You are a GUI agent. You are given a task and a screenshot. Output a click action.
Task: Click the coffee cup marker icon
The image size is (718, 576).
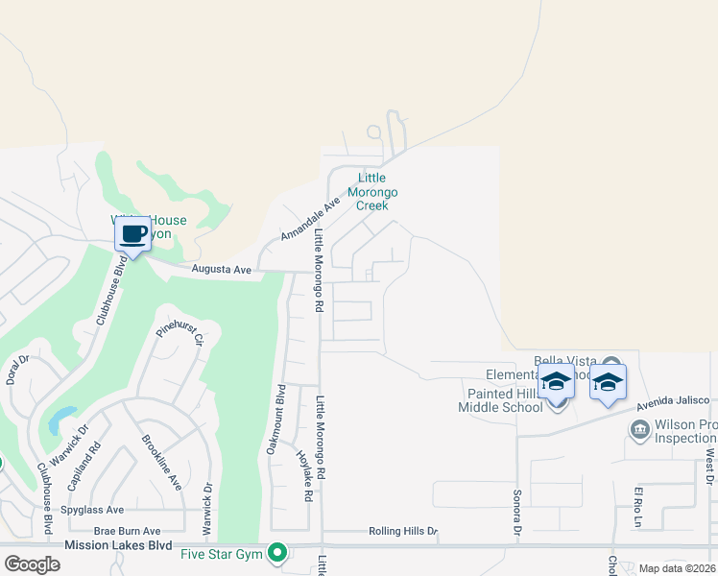(132, 233)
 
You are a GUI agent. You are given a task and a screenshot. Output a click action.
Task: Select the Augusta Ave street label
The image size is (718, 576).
(221, 271)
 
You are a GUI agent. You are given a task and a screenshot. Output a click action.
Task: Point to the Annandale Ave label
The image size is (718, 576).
(310, 220)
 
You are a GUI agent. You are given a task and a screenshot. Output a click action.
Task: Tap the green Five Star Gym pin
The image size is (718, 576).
(277, 553)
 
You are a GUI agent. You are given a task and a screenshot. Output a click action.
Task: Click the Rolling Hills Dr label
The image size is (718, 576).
(402, 531)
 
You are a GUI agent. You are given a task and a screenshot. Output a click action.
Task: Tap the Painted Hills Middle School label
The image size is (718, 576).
(505, 400)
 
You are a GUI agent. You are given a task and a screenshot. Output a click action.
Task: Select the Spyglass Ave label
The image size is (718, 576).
(92, 510)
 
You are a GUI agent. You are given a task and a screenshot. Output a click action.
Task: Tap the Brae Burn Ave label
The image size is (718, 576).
(127, 531)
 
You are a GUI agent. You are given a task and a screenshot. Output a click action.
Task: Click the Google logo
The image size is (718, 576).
(32, 564)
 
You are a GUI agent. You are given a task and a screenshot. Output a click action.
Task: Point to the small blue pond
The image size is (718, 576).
(60, 418)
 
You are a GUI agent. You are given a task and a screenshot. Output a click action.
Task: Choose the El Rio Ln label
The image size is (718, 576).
(636, 508)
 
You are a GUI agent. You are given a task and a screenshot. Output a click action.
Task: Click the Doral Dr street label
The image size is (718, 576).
(18, 370)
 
